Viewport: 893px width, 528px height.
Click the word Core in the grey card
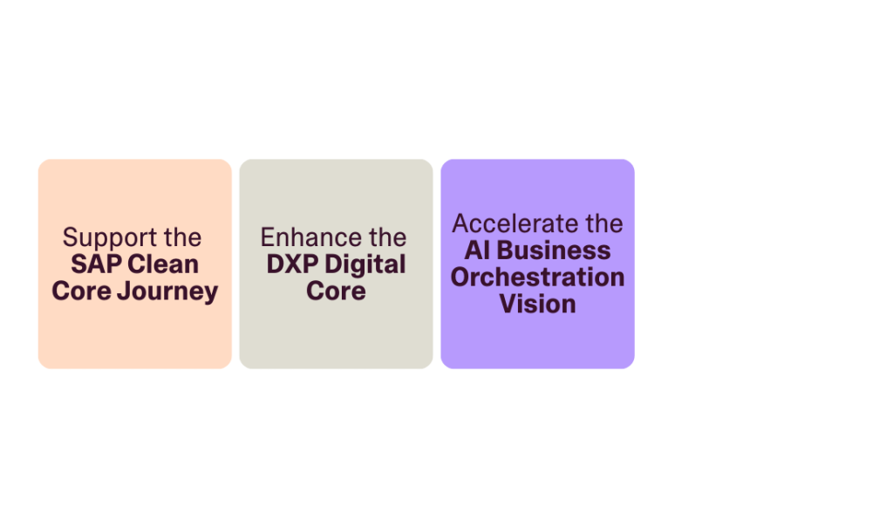pyautogui.click(x=336, y=291)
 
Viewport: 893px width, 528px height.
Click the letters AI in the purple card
pyautogui.click(x=475, y=251)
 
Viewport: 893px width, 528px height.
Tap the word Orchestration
pyautogui.click(x=537, y=278)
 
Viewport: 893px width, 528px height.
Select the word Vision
pyautogui.click(x=537, y=305)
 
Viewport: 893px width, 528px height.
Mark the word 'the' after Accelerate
pyautogui.click(x=603, y=224)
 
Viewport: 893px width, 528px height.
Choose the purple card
pyautogui.click(x=537, y=345)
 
